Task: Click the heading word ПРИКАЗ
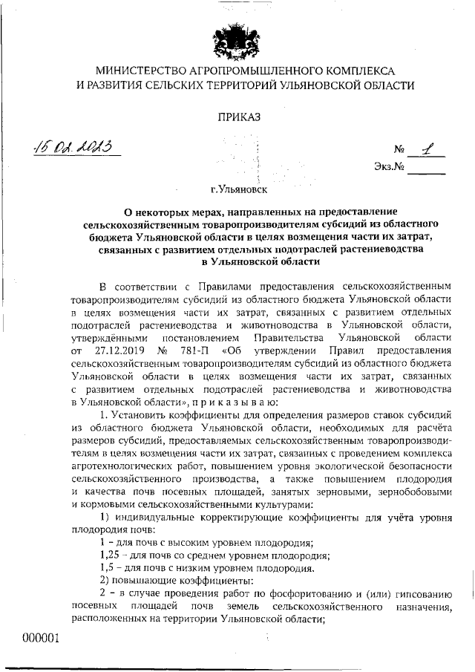tap(239, 116)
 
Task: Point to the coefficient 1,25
tap(111, 555)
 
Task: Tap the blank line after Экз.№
tap(427, 172)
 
